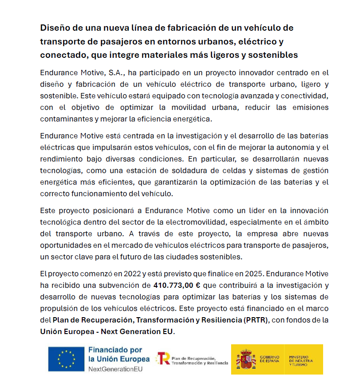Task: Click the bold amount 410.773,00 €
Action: pos(177,286)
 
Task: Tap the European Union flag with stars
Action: pos(67,359)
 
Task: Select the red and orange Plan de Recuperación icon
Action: pos(163,359)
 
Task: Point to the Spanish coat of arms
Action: pos(246,359)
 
